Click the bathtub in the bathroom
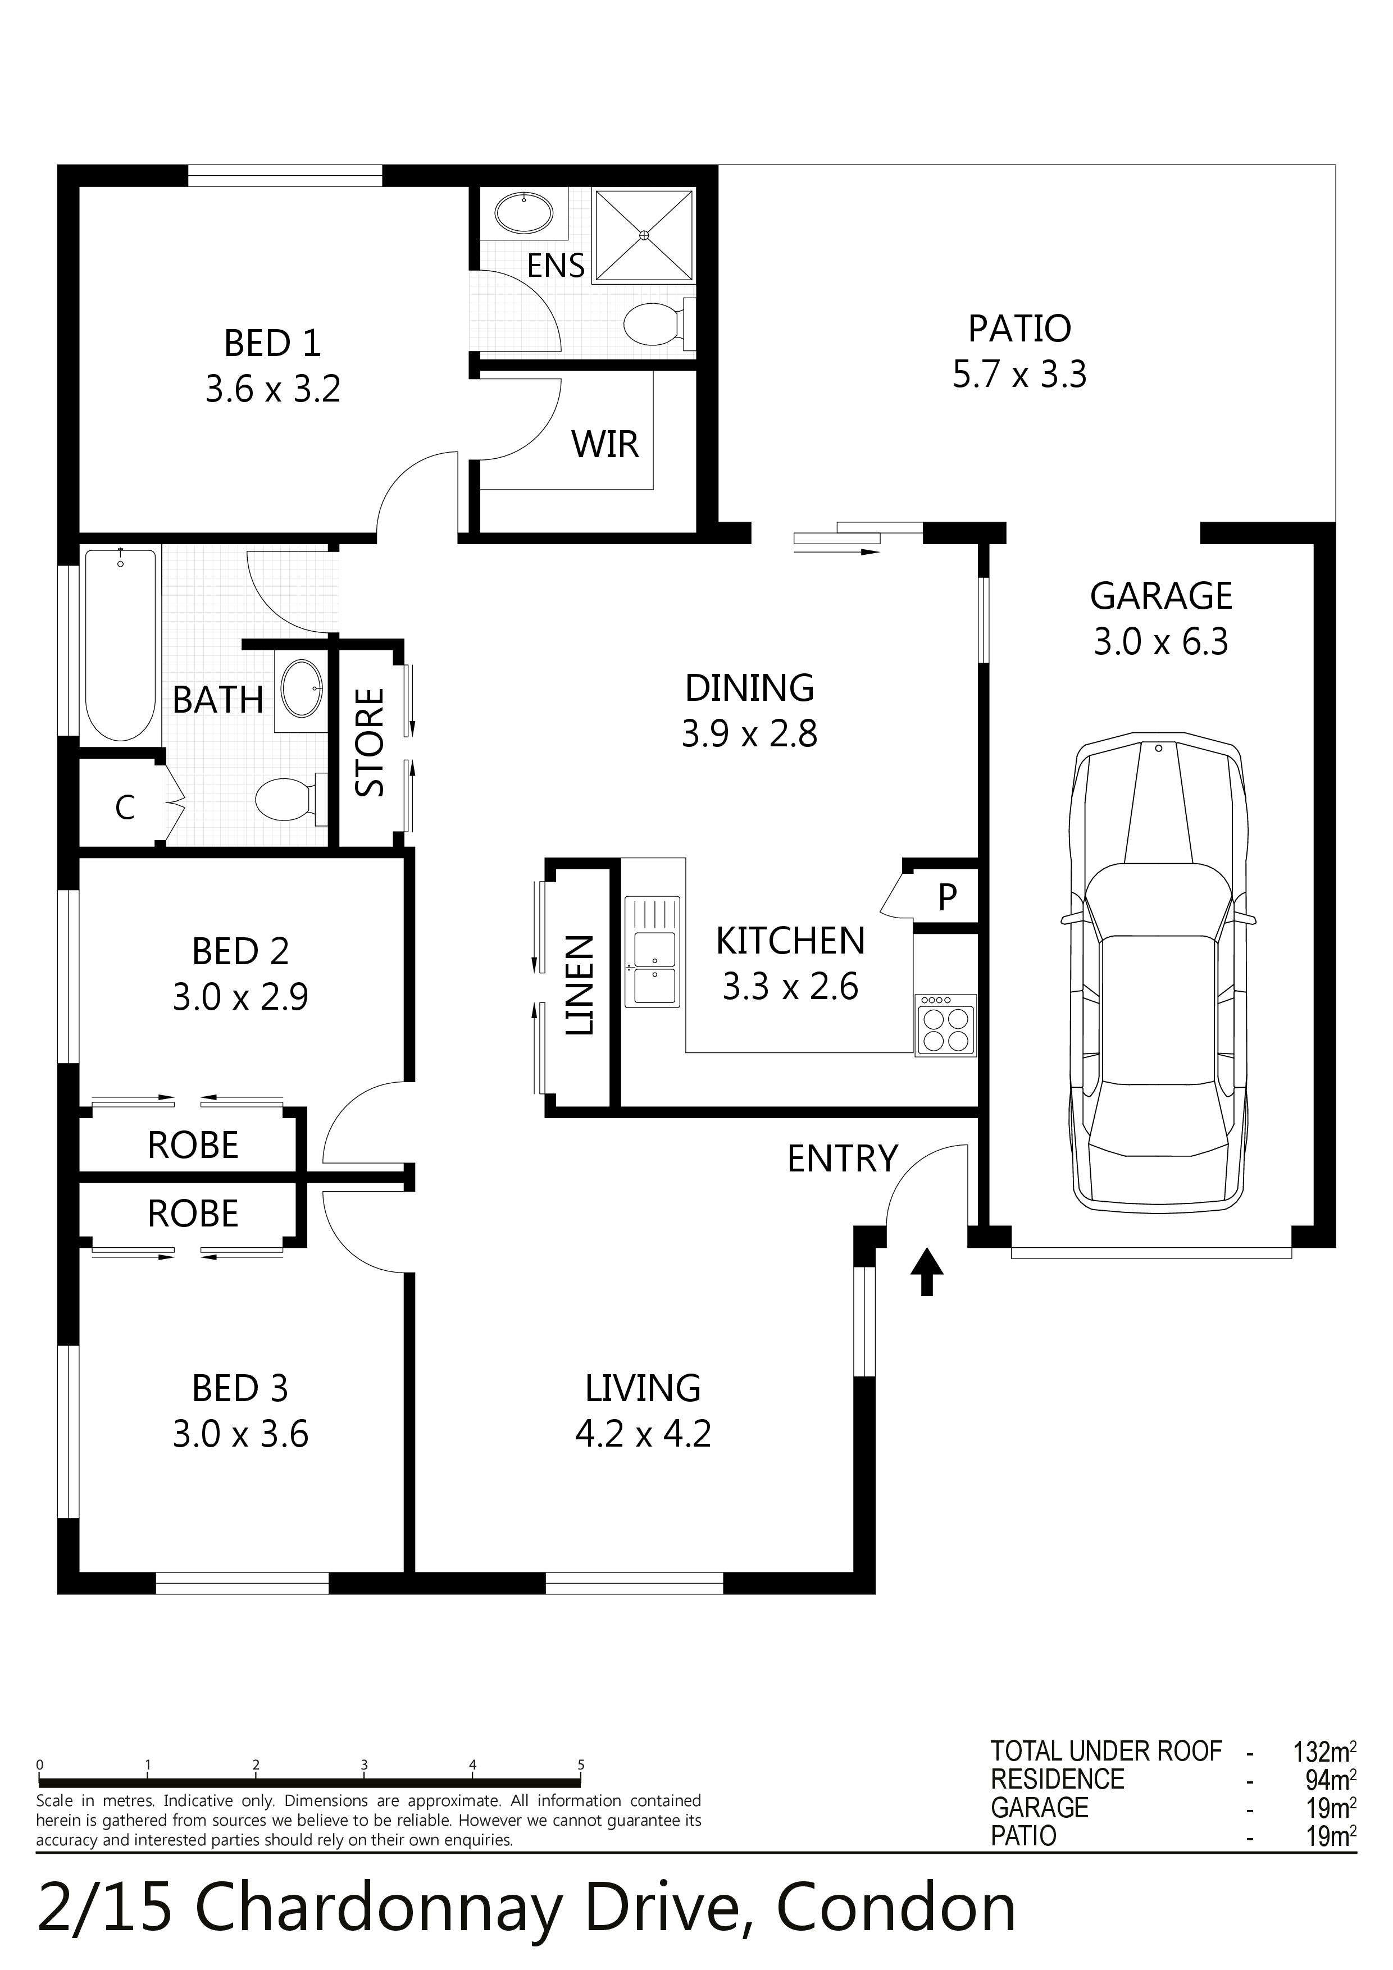[121, 644]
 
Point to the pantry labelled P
[946, 897]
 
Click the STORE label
[370, 742]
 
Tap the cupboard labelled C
[125, 808]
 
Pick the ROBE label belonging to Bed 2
[193, 1146]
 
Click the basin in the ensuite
[525, 211]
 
